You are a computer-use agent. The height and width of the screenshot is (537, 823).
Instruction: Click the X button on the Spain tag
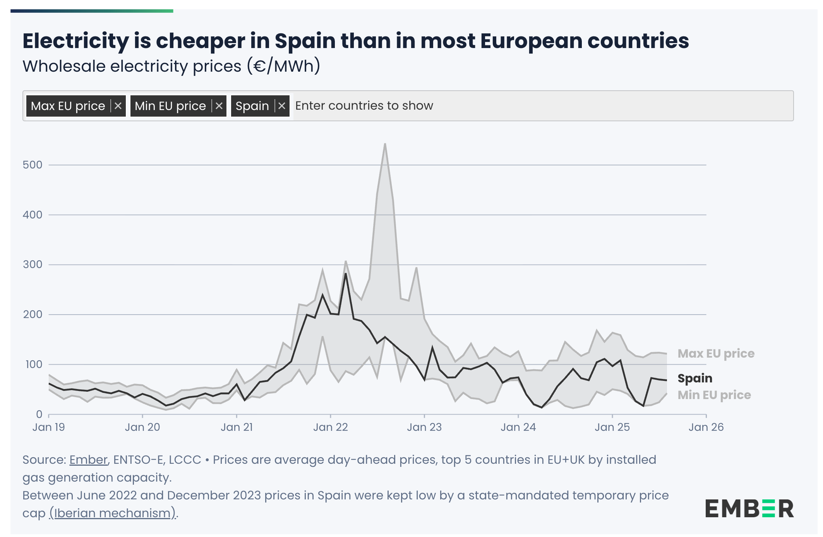(282, 106)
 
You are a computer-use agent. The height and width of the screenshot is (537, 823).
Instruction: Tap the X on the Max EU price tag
(118, 106)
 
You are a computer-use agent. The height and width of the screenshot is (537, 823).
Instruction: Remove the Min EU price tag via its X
(219, 106)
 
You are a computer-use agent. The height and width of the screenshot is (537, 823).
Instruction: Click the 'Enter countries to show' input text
(364, 106)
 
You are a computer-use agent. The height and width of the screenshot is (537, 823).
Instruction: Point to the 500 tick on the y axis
(33, 165)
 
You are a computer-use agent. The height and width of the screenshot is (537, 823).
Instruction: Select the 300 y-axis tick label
(33, 265)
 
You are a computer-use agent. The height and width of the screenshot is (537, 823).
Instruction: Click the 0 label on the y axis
(39, 414)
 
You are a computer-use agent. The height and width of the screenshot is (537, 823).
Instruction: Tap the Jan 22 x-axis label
(330, 427)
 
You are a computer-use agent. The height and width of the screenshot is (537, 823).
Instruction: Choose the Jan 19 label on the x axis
(49, 427)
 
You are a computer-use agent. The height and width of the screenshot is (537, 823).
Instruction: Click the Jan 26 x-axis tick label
(706, 427)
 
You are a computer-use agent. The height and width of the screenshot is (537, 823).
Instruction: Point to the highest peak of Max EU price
(385, 144)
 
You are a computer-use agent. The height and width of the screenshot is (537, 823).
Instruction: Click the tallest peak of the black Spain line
(346, 274)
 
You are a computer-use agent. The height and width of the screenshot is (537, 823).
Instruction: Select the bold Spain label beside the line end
(695, 378)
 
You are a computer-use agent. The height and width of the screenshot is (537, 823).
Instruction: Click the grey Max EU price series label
(716, 353)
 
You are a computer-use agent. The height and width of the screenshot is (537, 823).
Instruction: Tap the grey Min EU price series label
(714, 395)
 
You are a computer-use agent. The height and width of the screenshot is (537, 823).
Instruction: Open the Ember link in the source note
(88, 460)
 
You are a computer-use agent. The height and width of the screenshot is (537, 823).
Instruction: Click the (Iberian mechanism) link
(113, 513)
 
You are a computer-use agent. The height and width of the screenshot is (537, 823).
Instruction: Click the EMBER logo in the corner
(749, 509)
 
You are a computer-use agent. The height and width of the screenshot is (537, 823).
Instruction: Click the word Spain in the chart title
(305, 41)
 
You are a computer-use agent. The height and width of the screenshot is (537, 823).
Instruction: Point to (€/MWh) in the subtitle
(283, 66)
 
